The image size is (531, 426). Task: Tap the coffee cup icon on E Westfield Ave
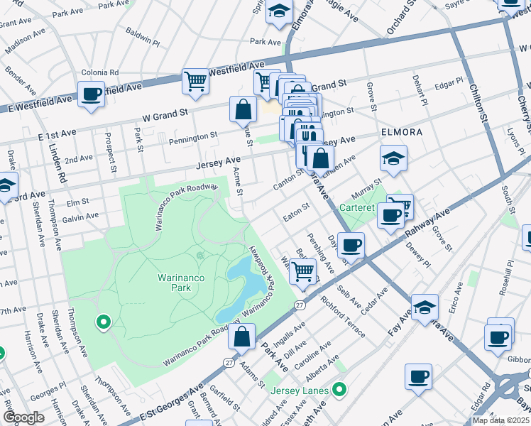point(92,94)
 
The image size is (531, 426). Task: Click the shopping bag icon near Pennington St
point(243,109)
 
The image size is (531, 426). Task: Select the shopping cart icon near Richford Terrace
point(303,271)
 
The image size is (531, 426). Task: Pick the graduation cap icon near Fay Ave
point(425,307)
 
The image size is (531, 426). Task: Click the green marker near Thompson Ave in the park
point(104,323)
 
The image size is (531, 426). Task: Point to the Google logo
point(23,417)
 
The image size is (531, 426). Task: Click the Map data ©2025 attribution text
point(500,420)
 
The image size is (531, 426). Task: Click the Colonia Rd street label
point(99,72)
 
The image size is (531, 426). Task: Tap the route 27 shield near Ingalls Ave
point(300,305)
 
